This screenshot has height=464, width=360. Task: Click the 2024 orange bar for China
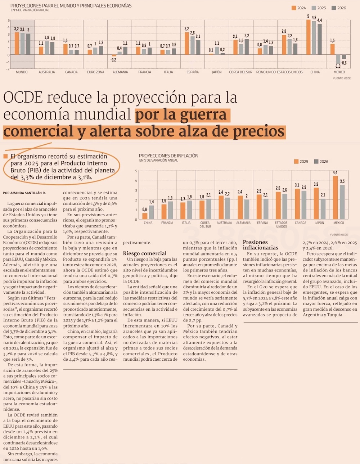[309, 37]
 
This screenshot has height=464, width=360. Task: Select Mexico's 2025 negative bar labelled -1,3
[338, 59]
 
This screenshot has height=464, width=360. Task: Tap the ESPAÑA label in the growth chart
[193, 72]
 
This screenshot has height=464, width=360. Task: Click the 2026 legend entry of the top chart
[339, 8]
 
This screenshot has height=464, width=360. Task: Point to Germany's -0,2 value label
[113, 60]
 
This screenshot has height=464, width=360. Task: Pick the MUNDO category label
[22, 72]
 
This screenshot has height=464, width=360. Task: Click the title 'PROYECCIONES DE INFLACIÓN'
[168, 156]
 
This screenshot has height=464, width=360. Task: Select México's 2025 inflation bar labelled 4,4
[335, 197]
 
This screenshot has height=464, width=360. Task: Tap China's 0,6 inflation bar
[145, 216]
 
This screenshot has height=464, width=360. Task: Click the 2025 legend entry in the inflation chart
[301, 162]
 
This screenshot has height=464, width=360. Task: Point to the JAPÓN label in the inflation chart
[319, 223]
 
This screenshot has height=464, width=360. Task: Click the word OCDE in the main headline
[23, 98]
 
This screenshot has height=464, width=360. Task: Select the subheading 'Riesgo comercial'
[144, 253]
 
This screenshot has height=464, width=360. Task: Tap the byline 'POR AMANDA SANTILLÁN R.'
[24, 193]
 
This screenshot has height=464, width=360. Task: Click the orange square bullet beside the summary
[5, 156]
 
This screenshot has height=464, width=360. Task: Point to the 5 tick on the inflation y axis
[136, 171]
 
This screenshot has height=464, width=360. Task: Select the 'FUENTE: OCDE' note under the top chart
[342, 78]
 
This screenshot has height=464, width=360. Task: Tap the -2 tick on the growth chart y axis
[8, 69]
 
